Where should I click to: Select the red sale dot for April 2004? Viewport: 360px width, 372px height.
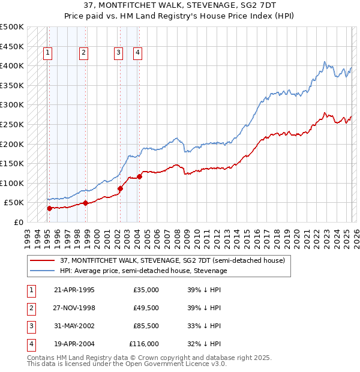pyautogui.click(x=139, y=176)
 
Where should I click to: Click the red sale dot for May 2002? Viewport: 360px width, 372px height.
pyautogui.click(x=120, y=188)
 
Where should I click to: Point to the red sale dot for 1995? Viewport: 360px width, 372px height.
pyautogui.click(x=49, y=208)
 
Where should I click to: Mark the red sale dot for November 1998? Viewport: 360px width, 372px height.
pyautogui.click(x=85, y=203)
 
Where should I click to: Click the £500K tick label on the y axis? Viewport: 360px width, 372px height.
pyautogui.click(x=12, y=27)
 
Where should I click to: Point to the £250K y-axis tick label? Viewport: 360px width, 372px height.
pyautogui.click(x=12, y=124)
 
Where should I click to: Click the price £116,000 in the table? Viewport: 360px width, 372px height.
pyautogui.click(x=144, y=344)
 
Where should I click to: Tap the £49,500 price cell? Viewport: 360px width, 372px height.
pyautogui.click(x=146, y=308)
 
